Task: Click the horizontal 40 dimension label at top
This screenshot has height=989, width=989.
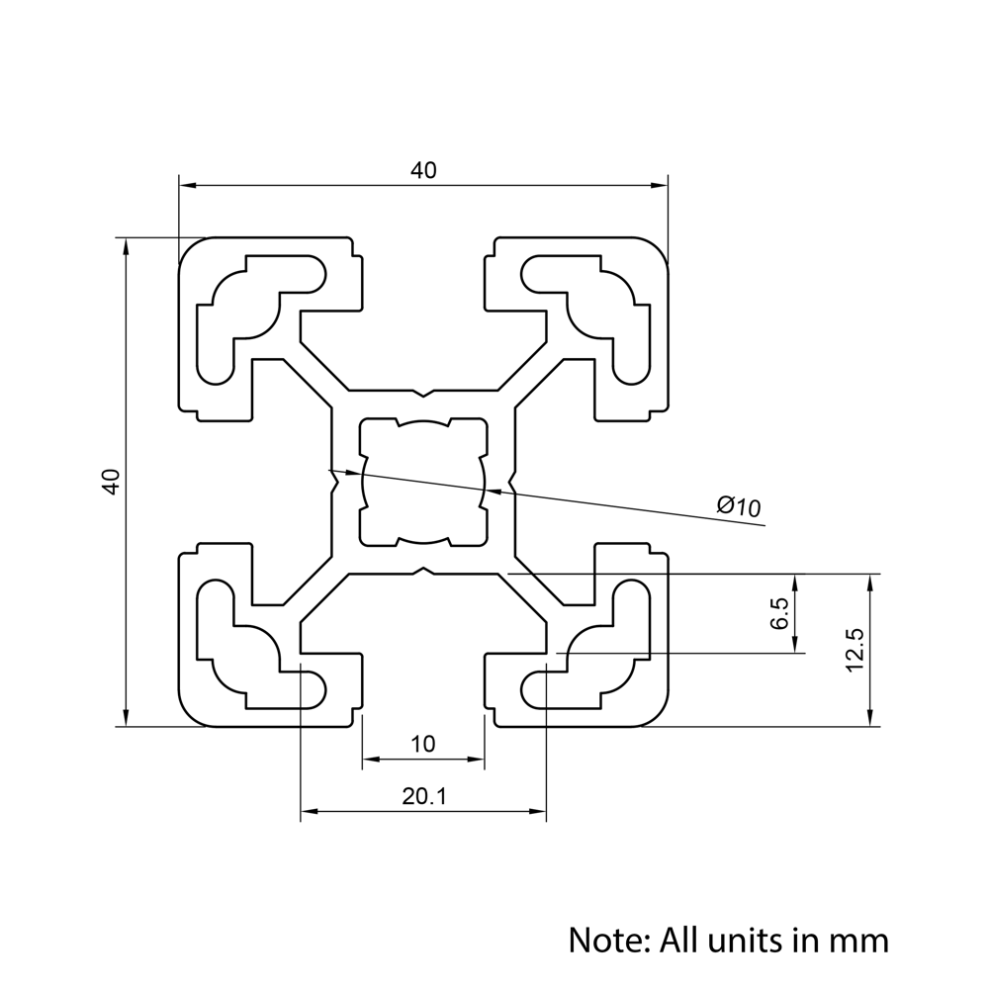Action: coord(423,170)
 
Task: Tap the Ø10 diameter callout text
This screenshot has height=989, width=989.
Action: coord(739,506)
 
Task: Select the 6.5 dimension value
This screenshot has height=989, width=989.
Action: coord(779,613)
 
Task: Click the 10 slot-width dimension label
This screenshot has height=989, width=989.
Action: coord(423,744)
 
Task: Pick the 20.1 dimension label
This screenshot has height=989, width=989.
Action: coord(423,796)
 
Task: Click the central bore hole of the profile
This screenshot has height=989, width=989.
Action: coord(423,482)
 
